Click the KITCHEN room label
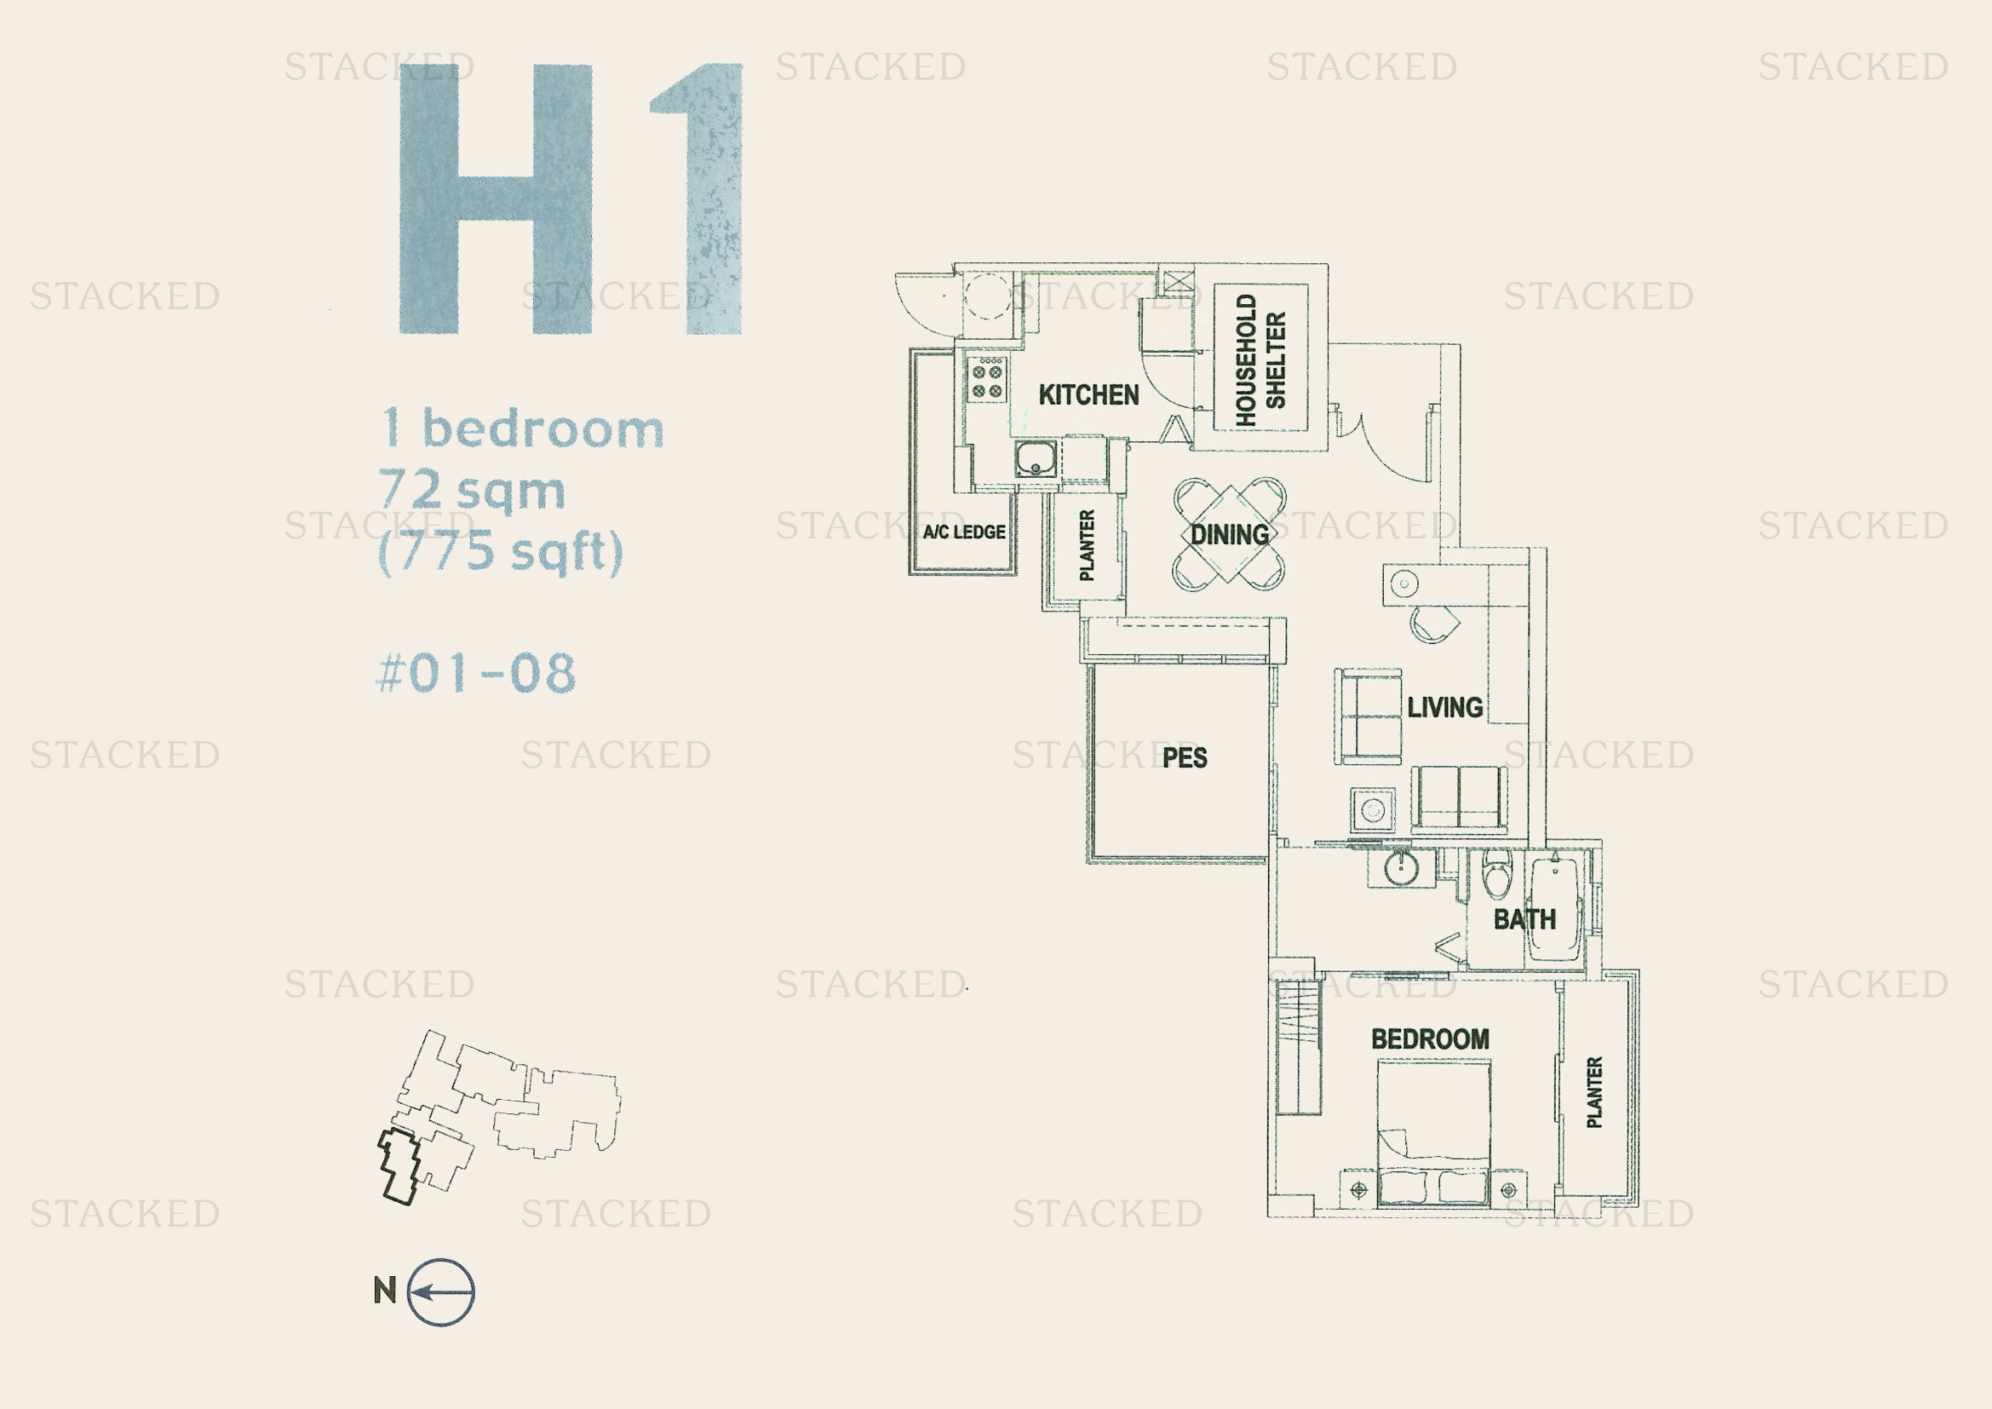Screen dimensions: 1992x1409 click(x=1089, y=394)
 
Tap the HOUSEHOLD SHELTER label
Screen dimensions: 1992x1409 click(x=1260, y=359)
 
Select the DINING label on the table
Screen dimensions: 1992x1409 click(x=1230, y=534)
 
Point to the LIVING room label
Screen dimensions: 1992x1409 click(x=1444, y=707)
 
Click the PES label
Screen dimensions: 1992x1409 click(x=1185, y=757)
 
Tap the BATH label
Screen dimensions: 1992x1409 click(x=1524, y=919)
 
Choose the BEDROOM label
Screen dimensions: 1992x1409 click(x=1430, y=1038)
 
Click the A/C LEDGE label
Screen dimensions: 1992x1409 click(x=964, y=532)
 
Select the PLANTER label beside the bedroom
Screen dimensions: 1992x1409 click(x=1593, y=1091)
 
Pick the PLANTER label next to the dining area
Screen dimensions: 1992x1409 click(x=1086, y=545)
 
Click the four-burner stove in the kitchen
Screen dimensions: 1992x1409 click(x=986, y=380)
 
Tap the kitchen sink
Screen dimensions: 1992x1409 click(x=1036, y=458)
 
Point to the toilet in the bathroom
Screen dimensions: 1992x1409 click(x=1495, y=874)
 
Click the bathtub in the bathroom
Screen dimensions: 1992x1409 click(x=1556, y=906)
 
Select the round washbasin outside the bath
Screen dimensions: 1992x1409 click(x=1400, y=867)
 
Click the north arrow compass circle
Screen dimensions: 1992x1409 click(x=441, y=1292)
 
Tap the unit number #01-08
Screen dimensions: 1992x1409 click(x=476, y=673)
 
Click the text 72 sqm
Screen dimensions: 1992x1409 click(x=472, y=490)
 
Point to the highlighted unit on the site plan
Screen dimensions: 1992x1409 click(x=400, y=1167)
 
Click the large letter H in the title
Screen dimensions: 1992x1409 click(x=497, y=198)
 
